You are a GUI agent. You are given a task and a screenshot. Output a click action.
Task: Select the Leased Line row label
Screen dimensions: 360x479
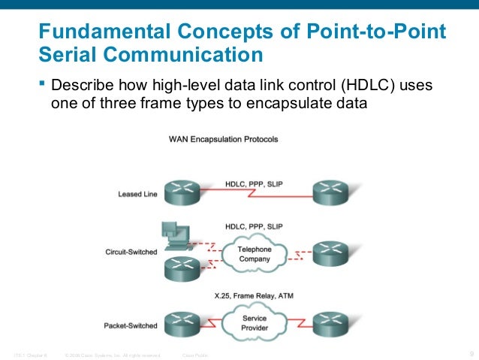click(137, 194)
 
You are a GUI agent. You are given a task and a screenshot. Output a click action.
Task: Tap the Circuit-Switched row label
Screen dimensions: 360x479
click(131, 252)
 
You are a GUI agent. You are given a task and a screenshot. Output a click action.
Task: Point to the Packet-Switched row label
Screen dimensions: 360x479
click(131, 325)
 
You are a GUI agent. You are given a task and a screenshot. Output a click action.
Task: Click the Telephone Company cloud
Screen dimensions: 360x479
click(255, 253)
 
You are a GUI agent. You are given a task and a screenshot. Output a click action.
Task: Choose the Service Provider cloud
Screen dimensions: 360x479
click(254, 323)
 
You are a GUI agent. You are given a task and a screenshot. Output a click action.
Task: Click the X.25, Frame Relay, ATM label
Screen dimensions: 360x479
click(254, 297)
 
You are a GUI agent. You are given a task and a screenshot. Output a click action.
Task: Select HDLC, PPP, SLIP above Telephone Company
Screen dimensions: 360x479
click(254, 225)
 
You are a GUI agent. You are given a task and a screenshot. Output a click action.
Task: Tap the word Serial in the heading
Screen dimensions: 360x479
click(68, 55)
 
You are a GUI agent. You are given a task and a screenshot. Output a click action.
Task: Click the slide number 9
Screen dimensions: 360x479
click(470, 354)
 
